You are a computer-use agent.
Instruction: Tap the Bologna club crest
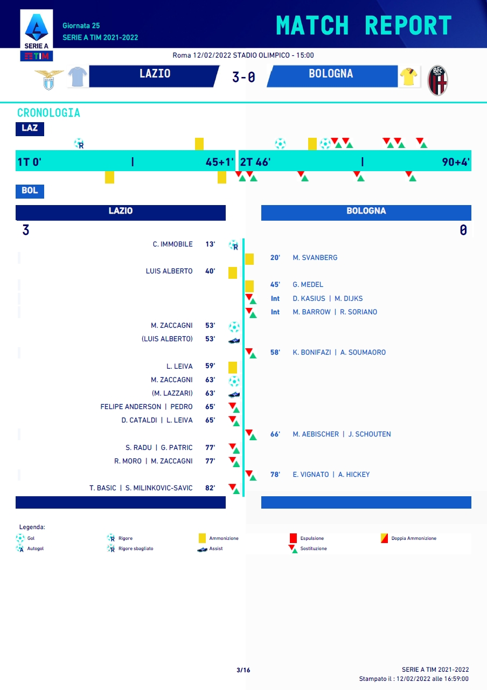click(x=437, y=80)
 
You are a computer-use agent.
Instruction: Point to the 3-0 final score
click(x=244, y=77)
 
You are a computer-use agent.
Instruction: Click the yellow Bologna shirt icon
click(x=408, y=77)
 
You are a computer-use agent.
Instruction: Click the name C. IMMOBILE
click(x=172, y=244)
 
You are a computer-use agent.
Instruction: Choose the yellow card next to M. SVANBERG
click(x=249, y=259)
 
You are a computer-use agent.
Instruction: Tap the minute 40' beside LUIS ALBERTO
click(x=210, y=271)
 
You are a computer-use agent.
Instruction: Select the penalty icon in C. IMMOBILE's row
click(x=234, y=245)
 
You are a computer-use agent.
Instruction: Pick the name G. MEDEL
click(x=308, y=285)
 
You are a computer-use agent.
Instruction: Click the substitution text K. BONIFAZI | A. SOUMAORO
click(x=339, y=353)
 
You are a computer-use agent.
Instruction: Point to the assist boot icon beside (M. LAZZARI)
click(x=234, y=394)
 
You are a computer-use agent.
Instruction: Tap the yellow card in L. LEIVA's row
click(x=233, y=367)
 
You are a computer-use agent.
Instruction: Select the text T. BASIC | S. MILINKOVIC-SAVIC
click(x=141, y=488)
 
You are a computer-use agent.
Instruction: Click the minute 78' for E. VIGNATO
click(x=275, y=475)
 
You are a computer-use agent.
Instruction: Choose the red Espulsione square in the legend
click(x=294, y=538)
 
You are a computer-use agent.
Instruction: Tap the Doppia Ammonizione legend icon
click(x=385, y=538)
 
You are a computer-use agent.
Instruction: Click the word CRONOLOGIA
click(x=48, y=113)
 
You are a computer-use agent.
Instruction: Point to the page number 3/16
click(x=244, y=670)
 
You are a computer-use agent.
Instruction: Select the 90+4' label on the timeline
click(x=456, y=162)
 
